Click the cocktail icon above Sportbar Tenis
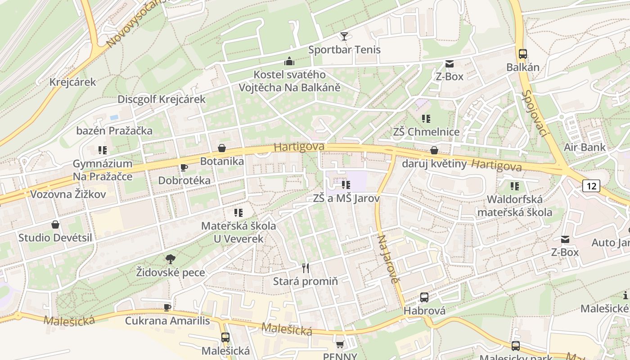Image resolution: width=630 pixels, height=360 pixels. point(344,36)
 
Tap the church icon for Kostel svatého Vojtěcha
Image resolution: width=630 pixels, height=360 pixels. point(289,61)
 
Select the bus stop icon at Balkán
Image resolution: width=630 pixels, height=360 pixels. point(522,54)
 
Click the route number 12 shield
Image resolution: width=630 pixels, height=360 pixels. point(591,185)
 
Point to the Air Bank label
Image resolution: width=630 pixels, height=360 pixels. point(585,147)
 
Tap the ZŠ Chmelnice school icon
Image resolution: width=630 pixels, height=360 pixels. point(426,119)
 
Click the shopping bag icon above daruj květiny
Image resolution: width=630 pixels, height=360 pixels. point(434,150)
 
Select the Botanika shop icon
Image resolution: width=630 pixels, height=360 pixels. point(221,148)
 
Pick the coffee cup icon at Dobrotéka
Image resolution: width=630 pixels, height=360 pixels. point(184,167)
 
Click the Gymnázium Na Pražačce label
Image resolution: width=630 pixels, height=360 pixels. point(103,170)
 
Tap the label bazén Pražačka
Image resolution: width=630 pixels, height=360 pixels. point(114,131)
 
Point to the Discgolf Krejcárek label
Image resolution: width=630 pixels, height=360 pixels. point(161,99)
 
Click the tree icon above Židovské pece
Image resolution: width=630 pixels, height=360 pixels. point(170,259)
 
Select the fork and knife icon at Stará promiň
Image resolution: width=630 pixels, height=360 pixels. point(306,268)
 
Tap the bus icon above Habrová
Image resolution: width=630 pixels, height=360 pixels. point(424,297)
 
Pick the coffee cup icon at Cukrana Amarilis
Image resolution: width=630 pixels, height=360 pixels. point(167,307)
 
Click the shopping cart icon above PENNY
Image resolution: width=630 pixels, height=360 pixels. point(340,344)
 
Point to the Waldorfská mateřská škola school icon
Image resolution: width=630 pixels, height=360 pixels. point(515,186)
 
